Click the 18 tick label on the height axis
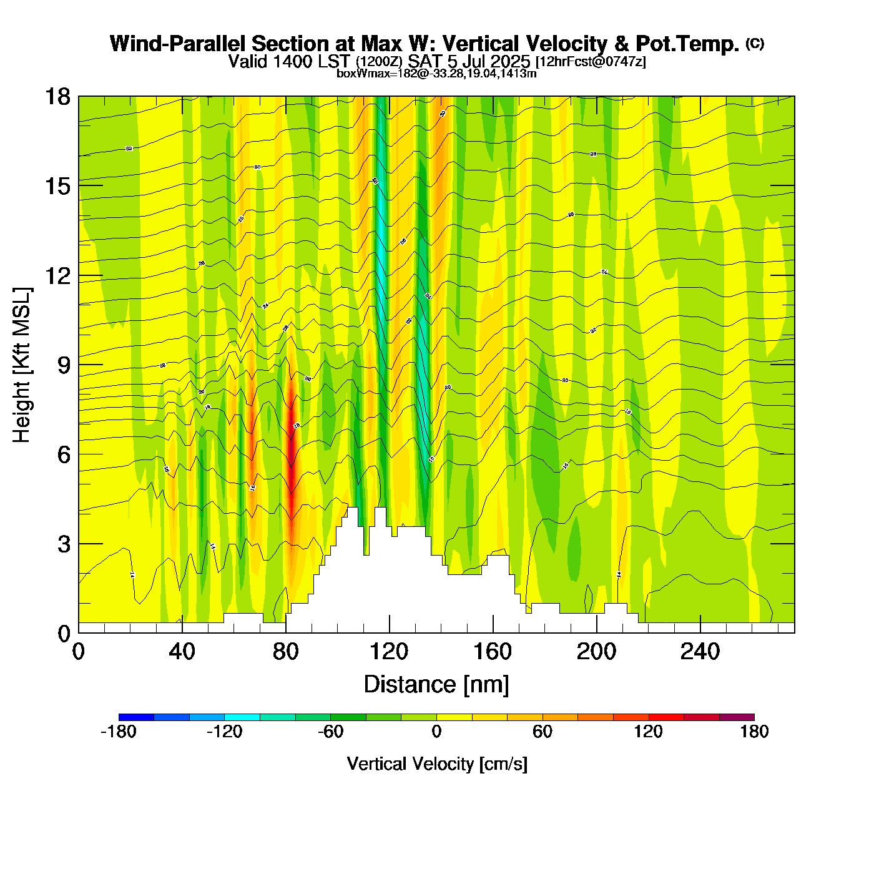pos(57,97)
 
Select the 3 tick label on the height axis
pos(64,544)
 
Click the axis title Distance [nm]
pos(436,685)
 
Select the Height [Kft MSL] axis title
pos(22,365)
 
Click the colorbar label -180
pos(119,732)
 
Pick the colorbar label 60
pos(543,732)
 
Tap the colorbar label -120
pos(225,732)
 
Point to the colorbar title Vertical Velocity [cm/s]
pos(437,764)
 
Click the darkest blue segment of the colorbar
pos(136,717)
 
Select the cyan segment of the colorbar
pos(242,717)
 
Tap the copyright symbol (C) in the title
pos(755,43)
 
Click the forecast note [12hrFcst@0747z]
pos(591,62)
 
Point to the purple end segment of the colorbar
pos(737,717)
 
